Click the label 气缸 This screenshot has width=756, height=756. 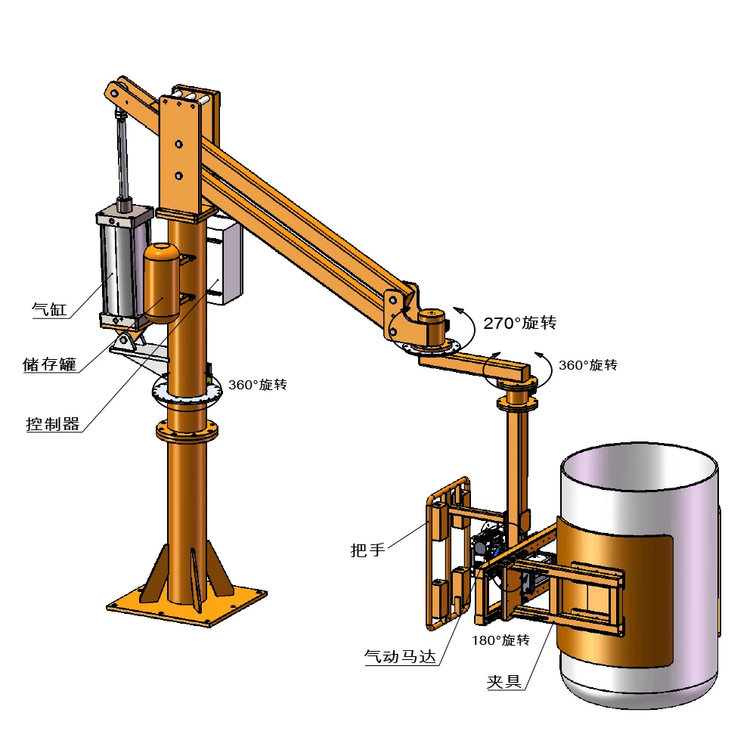[x=50, y=309]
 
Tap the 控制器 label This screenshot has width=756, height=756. [x=53, y=424]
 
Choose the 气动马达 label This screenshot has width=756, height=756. [x=401, y=658]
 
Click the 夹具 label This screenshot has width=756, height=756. [x=504, y=682]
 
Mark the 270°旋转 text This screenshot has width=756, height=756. [x=520, y=324]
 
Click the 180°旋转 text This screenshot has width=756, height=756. [x=500, y=640]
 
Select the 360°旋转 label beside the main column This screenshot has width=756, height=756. [x=257, y=385]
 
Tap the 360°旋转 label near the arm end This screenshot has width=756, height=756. [x=587, y=365]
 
